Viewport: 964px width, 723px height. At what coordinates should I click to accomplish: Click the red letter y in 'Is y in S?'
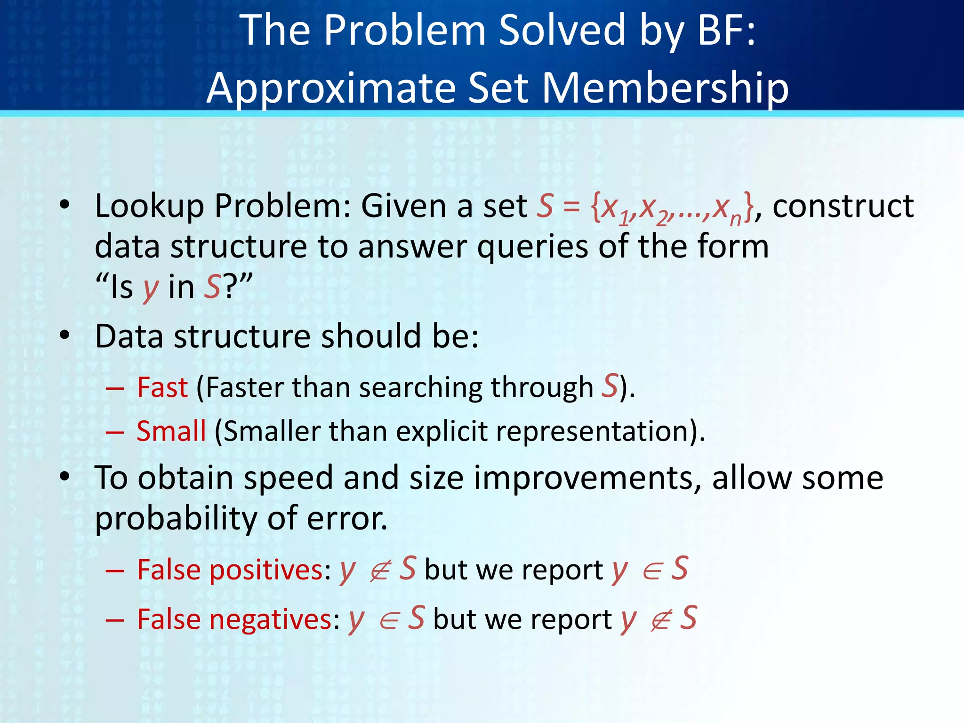point(151,288)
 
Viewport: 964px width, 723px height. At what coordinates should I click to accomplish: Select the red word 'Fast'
point(162,388)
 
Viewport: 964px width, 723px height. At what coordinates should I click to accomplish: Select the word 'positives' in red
point(266,570)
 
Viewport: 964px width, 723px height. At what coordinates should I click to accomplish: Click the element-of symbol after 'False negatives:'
point(389,620)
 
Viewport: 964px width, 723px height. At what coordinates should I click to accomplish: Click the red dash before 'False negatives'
point(115,620)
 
